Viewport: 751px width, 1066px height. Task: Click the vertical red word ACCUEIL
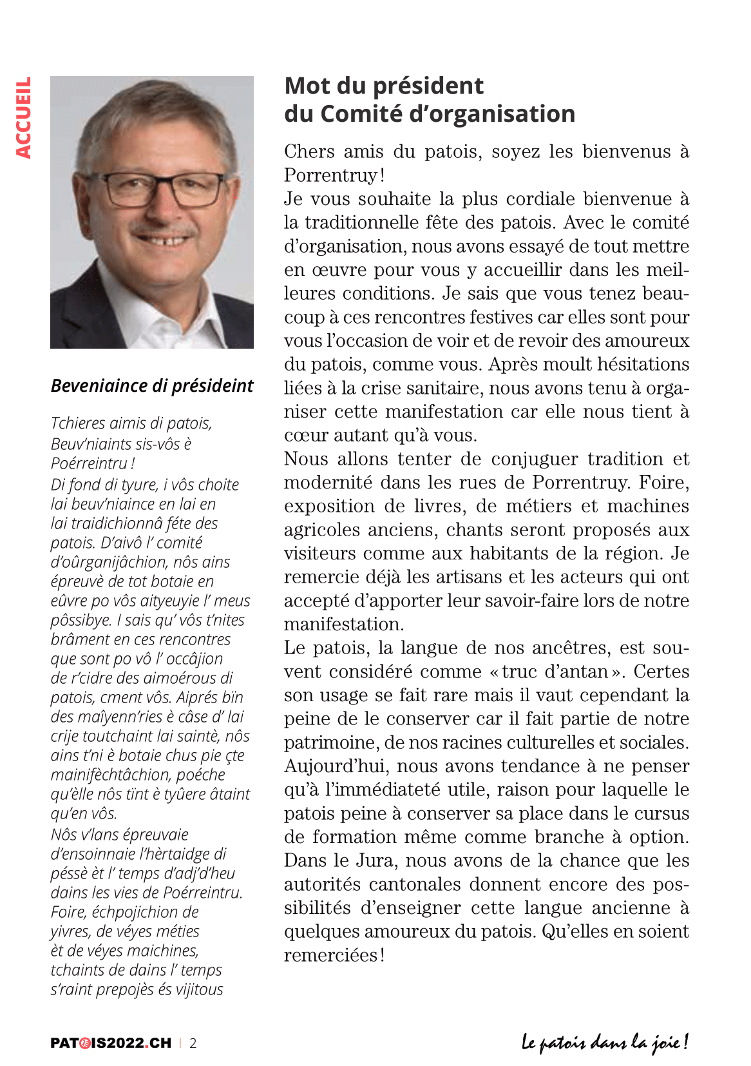pyautogui.click(x=24, y=118)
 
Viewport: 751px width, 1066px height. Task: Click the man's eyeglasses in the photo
pyautogui.click(x=164, y=188)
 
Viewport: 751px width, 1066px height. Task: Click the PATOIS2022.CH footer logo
pyautogui.click(x=111, y=1043)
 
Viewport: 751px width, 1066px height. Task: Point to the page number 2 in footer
pyautogui.click(x=193, y=1043)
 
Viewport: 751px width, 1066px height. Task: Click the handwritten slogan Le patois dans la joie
pyautogui.click(x=605, y=1042)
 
